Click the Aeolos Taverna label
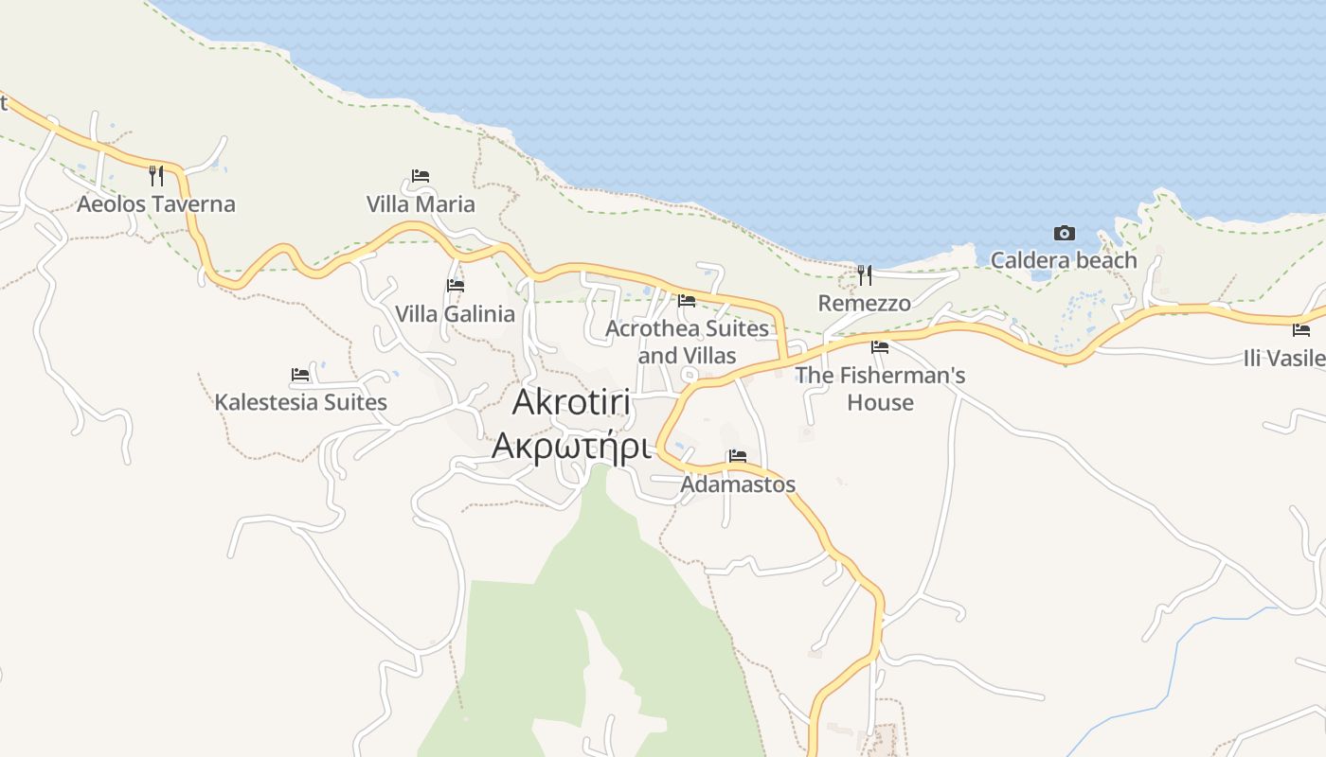pyautogui.click(x=156, y=204)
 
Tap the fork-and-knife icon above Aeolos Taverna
pyautogui.click(x=156, y=175)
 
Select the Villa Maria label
pyautogui.click(x=421, y=204)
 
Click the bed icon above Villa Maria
pyautogui.click(x=421, y=176)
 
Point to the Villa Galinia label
pyautogui.click(x=455, y=314)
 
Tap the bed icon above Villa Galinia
pyautogui.click(x=456, y=285)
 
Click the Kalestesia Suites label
pyautogui.click(x=300, y=402)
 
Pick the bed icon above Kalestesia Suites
pyautogui.click(x=300, y=375)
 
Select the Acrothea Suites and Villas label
pyautogui.click(x=687, y=342)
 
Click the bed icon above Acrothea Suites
pyautogui.click(x=687, y=301)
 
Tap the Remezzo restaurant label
pyautogui.click(x=864, y=304)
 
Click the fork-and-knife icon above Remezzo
pyautogui.click(x=864, y=275)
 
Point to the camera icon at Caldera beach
pyautogui.click(x=1064, y=233)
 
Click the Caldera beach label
pyautogui.click(x=1064, y=260)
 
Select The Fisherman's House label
pyautogui.click(x=880, y=388)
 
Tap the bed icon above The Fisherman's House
pyautogui.click(x=880, y=347)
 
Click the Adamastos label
pyautogui.click(x=738, y=484)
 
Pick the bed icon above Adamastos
pyautogui.click(x=738, y=456)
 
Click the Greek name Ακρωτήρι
pyautogui.click(x=571, y=444)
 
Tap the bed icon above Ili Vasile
pyautogui.click(x=1301, y=330)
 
